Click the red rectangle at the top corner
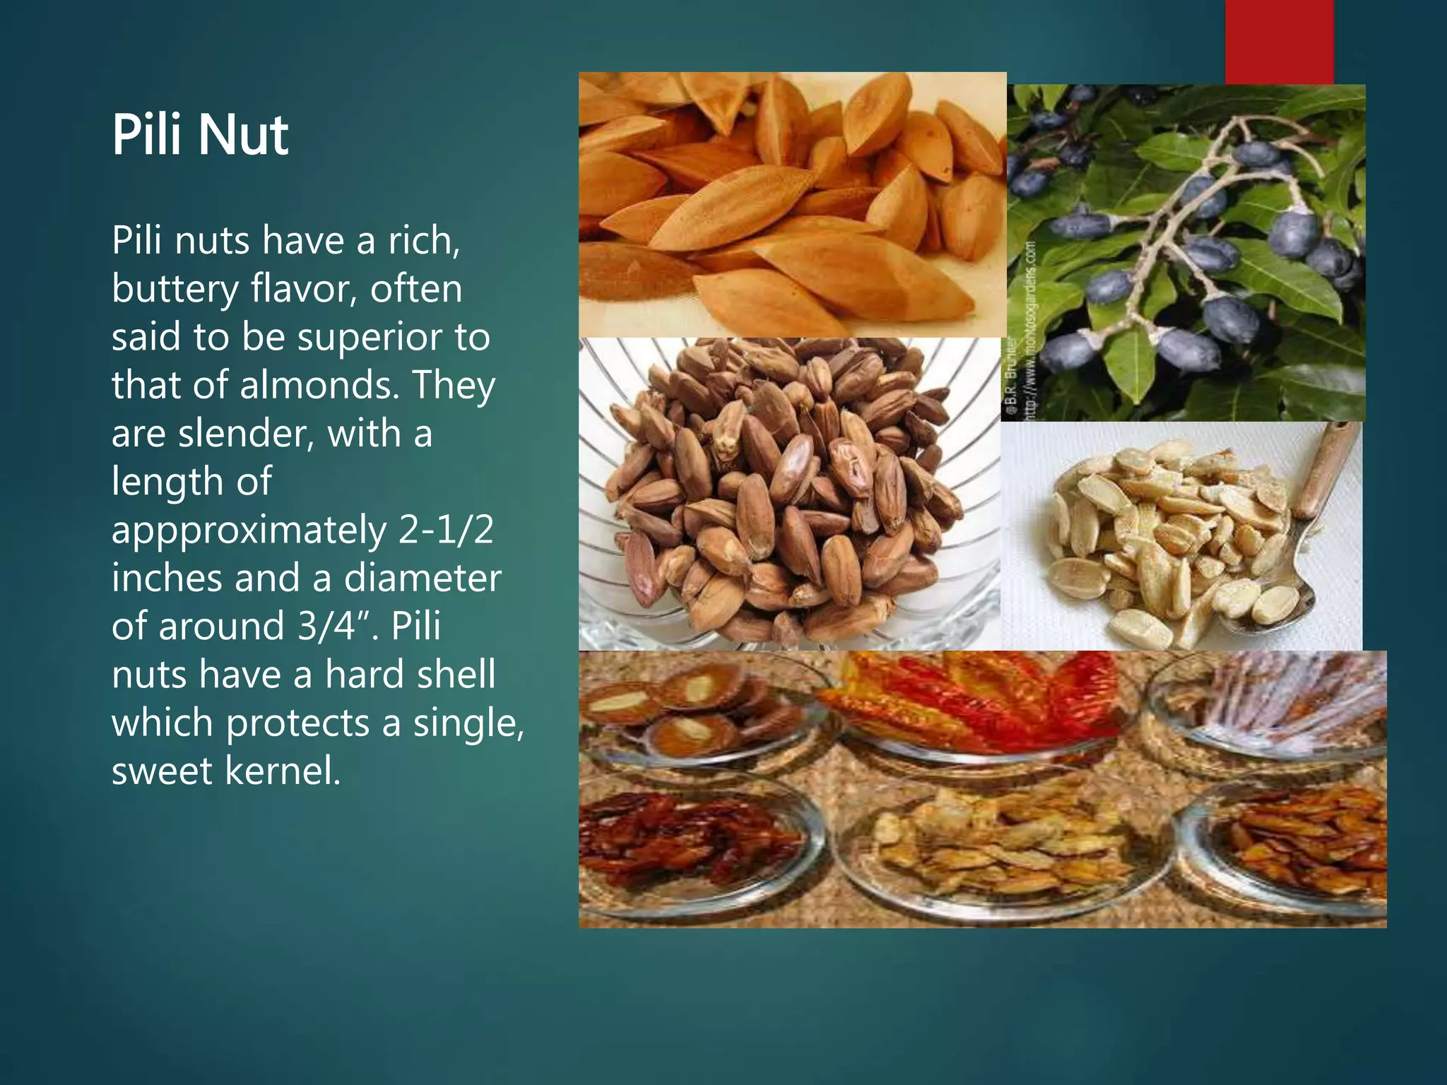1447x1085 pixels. (x=1279, y=41)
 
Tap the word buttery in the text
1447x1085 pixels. (x=175, y=290)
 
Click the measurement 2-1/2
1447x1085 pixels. (x=445, y=530)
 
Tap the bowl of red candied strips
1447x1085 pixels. (x=982, y=703)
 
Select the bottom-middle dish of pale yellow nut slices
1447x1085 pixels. (x=996, y=848)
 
